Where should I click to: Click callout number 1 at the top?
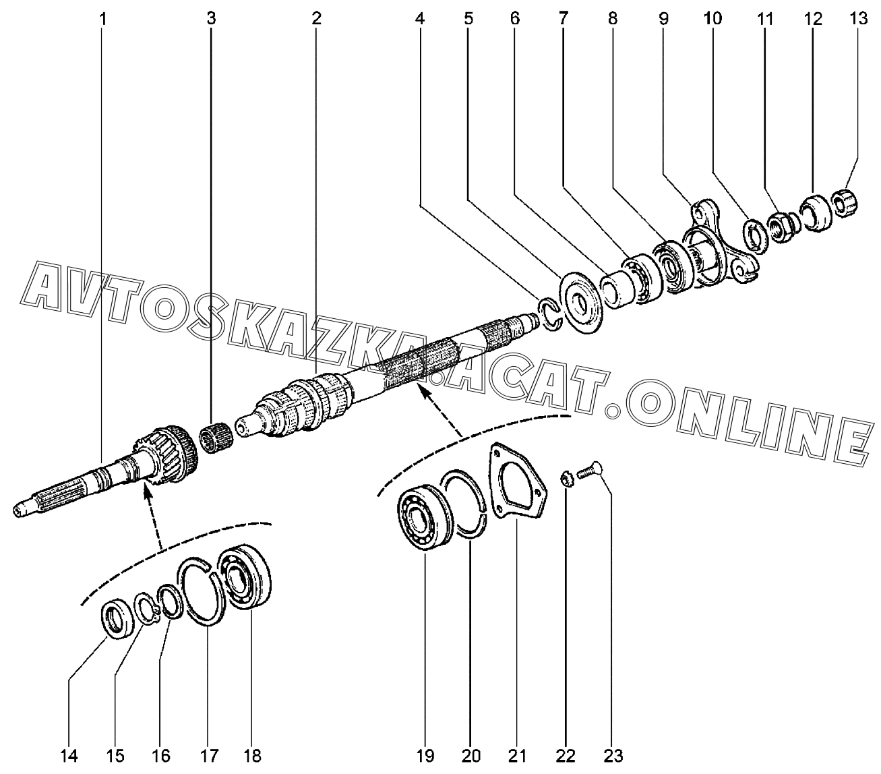[102, 19]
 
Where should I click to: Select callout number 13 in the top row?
[858, 18]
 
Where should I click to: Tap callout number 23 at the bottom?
[613, 755]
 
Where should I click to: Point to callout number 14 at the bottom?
[69, 756]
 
